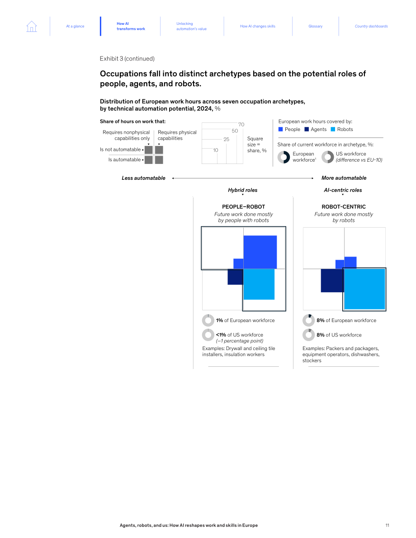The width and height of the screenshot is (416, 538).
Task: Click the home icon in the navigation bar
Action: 32,26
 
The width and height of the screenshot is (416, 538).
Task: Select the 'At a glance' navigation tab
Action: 75,26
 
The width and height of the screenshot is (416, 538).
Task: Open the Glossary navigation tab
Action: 315,26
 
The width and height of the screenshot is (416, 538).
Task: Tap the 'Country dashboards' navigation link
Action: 371,26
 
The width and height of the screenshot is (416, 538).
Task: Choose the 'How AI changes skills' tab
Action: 258,26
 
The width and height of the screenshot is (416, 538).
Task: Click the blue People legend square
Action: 281,129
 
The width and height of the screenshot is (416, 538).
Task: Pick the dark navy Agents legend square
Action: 307,129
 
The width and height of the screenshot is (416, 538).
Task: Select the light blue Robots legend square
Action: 333,129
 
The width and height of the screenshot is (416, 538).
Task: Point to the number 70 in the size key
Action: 241,125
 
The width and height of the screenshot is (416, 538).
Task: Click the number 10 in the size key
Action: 215,150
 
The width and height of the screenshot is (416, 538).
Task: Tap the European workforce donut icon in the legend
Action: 284,157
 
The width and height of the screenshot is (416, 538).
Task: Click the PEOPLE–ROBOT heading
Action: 244,207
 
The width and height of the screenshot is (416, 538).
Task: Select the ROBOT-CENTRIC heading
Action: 344,207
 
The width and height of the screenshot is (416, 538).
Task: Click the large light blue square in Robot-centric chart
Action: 364,289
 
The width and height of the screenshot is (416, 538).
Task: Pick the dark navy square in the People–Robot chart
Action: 235,277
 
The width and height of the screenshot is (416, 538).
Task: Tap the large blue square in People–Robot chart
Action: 260,252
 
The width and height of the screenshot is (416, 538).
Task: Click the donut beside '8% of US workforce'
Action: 308,335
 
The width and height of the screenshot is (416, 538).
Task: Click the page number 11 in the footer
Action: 388,525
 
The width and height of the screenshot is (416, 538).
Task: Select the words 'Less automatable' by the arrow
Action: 144,178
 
